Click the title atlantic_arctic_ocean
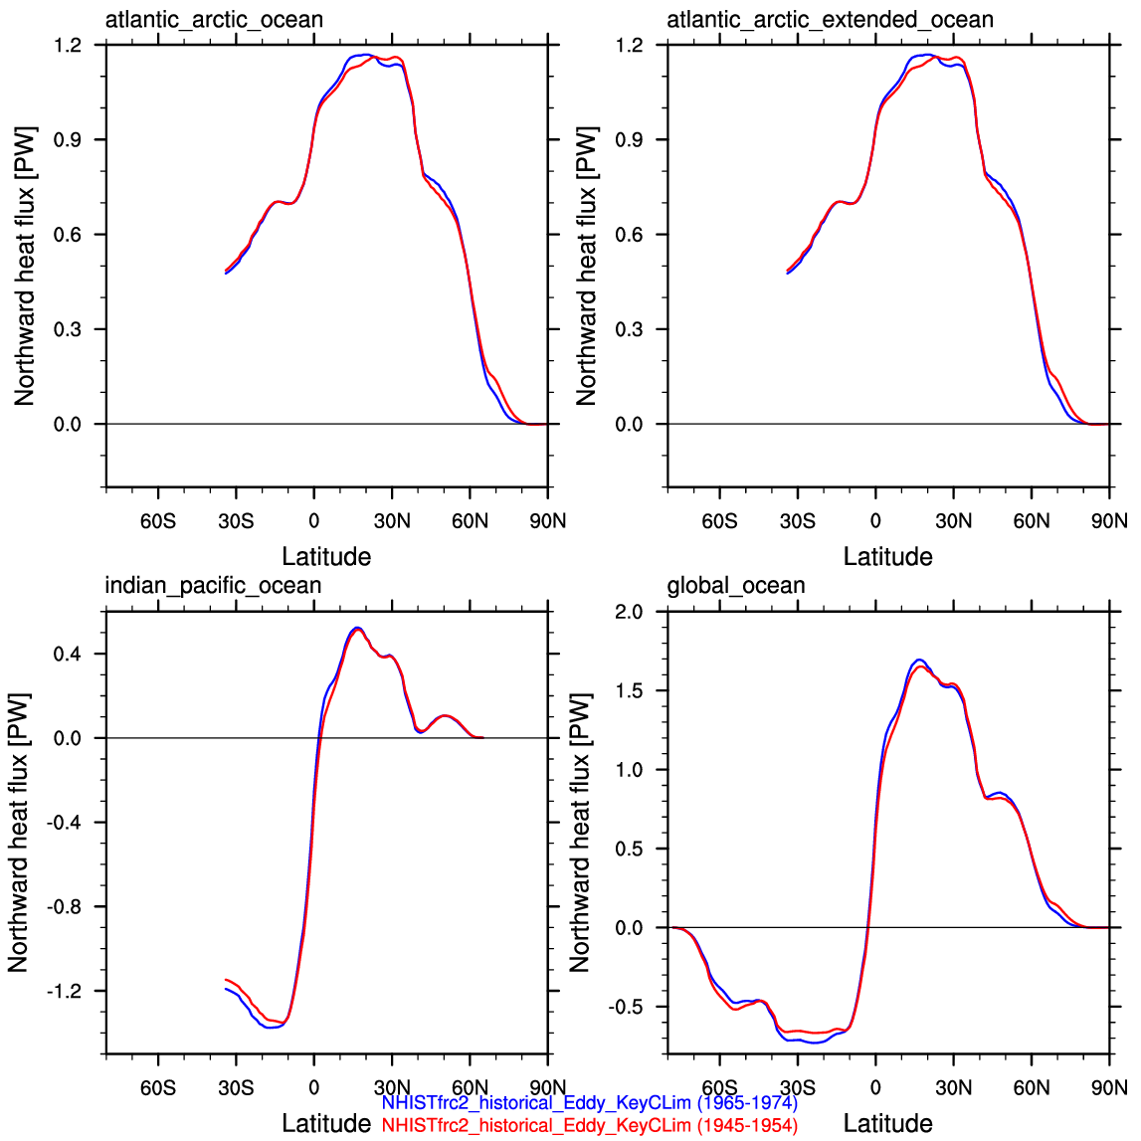tap(214, 20)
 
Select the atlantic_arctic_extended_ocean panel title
tap(831, 20)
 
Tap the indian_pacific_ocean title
tap(213, 586)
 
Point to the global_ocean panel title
tap(736, 586)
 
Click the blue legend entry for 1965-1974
tap(590, 1103)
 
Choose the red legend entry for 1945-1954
tap(590, 1126)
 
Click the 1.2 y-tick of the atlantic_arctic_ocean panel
tap(68, 45)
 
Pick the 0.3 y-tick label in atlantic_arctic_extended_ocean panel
tap(630, 329)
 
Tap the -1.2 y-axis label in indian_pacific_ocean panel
tap(64, 991)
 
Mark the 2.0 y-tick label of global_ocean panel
tap(630, 612)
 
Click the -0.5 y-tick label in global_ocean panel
tap(626, 1007)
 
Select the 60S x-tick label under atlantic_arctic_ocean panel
tap(158, 521)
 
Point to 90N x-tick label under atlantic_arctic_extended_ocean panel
tap(1110, 521)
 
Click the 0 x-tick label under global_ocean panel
tap(875, 1088)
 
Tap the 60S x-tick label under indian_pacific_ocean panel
tap(158, 1088)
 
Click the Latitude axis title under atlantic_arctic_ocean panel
tap(326, 557)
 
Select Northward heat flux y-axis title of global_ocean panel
tap(580, 833)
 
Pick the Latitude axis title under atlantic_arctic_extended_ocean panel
tap(887, 557)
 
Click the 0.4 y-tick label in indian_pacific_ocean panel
tap(68, 655)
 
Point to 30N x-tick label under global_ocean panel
tap(953, 1088)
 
